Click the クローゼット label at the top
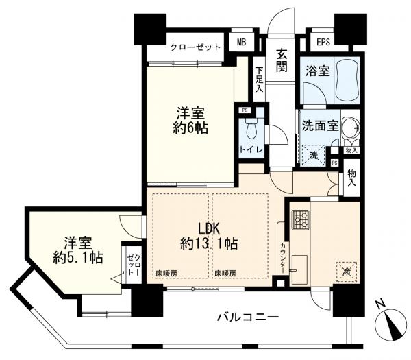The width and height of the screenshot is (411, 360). (195, 47)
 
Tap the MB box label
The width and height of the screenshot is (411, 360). (241, 43)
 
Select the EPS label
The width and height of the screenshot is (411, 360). (323, 43)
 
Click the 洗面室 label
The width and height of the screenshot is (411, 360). (318, 126)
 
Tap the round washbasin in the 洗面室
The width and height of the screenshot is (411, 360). (351, 130)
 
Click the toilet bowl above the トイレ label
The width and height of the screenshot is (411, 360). (251, 128)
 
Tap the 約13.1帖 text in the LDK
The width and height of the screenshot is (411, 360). (210, 243)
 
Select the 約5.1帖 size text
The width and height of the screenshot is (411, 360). (78, 258)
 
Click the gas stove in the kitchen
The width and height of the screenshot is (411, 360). (299, 221)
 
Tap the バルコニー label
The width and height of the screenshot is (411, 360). (248, 317)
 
